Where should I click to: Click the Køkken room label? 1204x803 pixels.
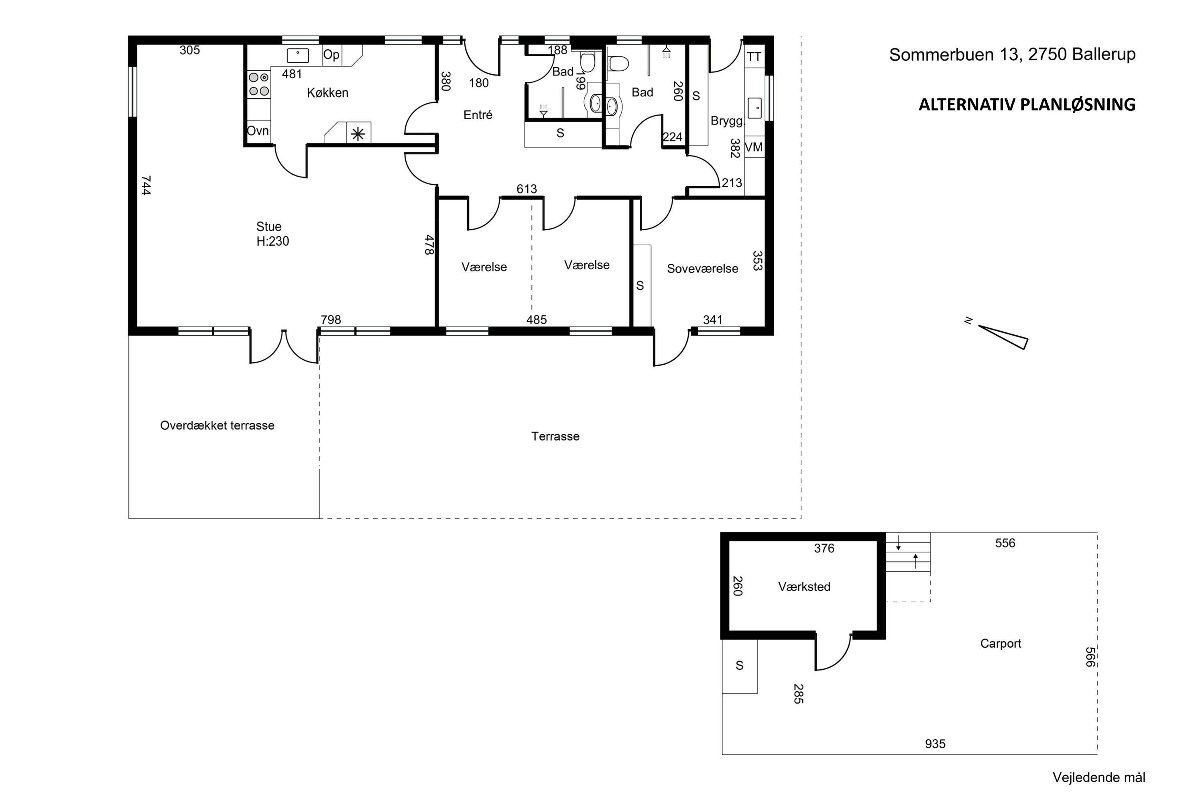click(x=327, y=93)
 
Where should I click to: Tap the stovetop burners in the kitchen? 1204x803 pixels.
click(x=259, y=84)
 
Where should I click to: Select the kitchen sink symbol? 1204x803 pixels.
click(x=297, y=55)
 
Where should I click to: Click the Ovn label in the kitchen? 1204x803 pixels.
click(x=258, y=130)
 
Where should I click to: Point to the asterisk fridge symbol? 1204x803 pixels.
click(x=358, y=134)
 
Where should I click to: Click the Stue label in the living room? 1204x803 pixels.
click(x=269, y=226)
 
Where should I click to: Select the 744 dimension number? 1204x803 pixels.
click(x=146, y=185)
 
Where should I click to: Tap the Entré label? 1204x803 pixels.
click(x=478, y=115)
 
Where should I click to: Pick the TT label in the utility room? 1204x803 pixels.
click(x=754, y=57)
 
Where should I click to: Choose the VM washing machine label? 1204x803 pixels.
click(x=754, y=147)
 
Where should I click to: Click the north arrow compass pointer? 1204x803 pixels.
click(x=1002, y=336)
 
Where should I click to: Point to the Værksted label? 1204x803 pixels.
click(x=804, y=587)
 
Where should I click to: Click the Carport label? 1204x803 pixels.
click(x=1001, y=644)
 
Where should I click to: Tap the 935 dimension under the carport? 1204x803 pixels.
click(x=935, y=744)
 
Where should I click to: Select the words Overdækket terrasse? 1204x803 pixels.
click(x=217, y=426)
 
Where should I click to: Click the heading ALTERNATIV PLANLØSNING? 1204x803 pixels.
click(x=1027, y=104)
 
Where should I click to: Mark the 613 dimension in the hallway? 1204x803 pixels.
click(x=527, y=189)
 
